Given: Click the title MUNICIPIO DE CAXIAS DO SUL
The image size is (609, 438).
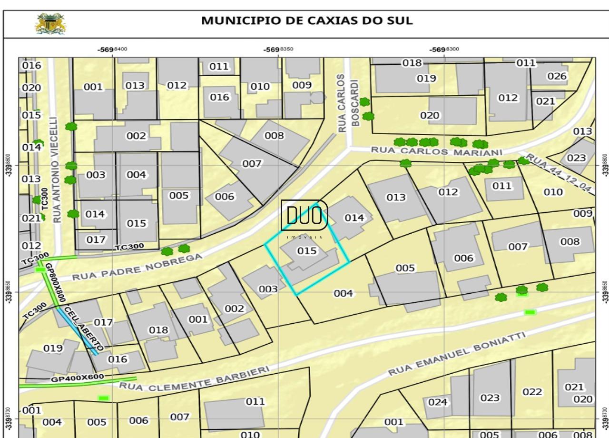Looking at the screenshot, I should [x=307, y=21].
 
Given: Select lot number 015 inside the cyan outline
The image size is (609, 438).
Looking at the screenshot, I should [x=307, y=251].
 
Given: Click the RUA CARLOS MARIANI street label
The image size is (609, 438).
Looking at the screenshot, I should [x=436, y=151].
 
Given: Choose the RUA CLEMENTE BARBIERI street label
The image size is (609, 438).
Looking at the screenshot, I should [x=194, y=379].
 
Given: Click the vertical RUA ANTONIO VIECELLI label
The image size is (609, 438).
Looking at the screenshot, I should [x=57, y=170].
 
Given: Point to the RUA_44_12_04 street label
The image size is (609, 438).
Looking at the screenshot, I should [x=560, y=173].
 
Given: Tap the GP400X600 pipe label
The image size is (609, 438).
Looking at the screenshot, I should [x=77, y=378].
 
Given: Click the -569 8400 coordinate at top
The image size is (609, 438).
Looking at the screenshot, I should [x=112, y=50].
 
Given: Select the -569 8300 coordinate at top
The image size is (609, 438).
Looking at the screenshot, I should [x=444, y=50].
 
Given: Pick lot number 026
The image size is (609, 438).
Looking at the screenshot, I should [x=557, y=76].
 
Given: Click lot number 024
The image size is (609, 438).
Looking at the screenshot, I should [x=438, y=402].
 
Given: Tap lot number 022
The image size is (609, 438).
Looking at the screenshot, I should [x=532, y=392].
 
